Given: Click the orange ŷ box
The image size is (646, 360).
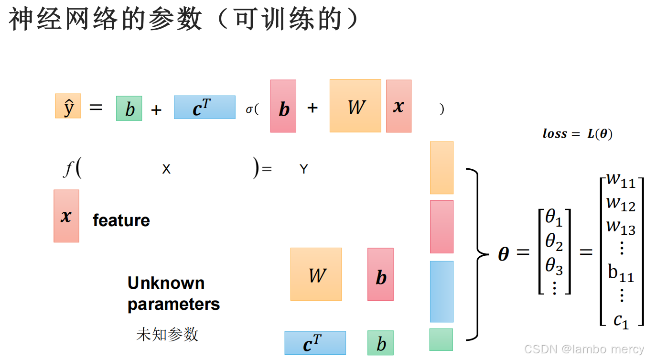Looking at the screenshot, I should (68, 106).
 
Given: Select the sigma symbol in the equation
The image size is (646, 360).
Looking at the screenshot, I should (249, 109).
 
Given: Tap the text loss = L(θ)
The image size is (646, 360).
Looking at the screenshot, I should (577, 134).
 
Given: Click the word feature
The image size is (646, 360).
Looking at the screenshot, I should (121, 220).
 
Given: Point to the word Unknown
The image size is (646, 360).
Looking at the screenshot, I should (166, 283).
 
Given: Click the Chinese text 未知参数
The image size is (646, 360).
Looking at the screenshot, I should (167, 334).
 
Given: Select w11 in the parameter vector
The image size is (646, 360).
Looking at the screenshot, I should (621, 181).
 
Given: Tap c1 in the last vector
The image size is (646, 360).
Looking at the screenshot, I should (621, 320).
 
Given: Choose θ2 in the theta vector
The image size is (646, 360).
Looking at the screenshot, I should (554, 243).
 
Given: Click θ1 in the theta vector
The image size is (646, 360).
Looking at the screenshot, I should (554, 218).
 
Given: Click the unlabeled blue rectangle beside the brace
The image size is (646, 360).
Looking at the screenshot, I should (441, 291).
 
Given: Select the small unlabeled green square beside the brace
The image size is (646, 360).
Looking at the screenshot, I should (441, 340).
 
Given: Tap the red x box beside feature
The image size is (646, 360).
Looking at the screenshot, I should (66, 216).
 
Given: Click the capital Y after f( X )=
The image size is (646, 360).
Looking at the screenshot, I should (303, 169).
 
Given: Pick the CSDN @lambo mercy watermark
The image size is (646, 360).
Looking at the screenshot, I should (584, 349).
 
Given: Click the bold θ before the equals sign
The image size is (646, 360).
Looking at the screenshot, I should (503, 253).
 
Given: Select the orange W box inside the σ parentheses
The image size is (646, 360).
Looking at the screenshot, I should (355, 106).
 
